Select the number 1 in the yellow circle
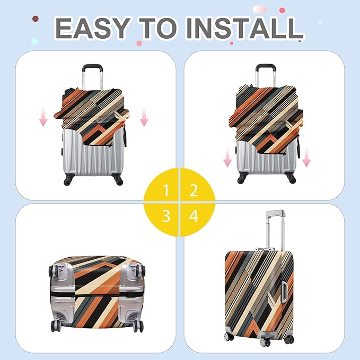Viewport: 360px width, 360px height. pos(166,190)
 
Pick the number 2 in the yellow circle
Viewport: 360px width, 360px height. pos(194,190)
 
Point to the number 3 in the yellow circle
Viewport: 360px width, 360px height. pos(166,216)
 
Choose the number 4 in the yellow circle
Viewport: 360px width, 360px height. pos(194,216)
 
